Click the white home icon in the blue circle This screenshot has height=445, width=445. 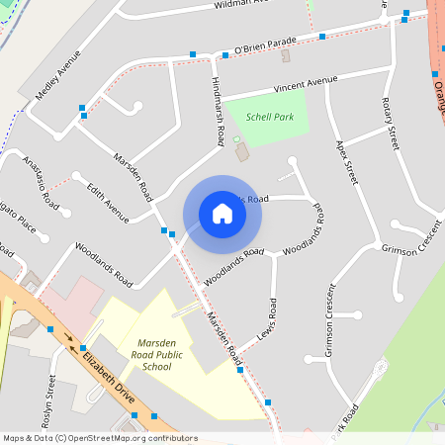[222, 214]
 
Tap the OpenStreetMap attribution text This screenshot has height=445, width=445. [99, 438]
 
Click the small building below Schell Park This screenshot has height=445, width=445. [240, 152]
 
